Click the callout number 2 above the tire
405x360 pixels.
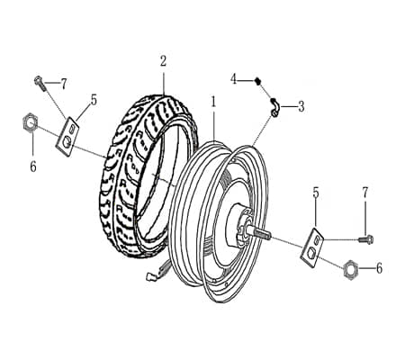coord(163,61)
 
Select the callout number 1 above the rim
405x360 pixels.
coord(213,103)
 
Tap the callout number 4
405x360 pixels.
coord(233,79)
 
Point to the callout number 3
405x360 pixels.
coord(301,106)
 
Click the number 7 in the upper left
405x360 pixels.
coord(63,84)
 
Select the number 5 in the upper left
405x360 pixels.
coord(93,100)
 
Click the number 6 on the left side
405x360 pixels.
coord(33,166)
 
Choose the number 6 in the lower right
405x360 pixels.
coord(379,268)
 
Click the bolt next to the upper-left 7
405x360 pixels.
coord(41,83)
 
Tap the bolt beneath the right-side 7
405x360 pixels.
coord(364,239)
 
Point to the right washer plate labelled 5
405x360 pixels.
coord(310,249)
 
